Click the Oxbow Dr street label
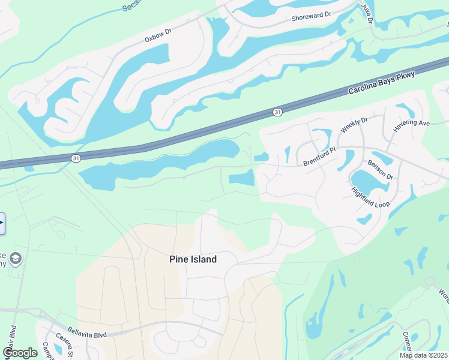158,35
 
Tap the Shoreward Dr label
311,16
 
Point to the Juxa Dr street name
367,12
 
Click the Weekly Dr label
353,125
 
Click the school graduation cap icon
16,258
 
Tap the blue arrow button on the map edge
2,223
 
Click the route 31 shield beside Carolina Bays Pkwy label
277,112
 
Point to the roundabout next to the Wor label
429,281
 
